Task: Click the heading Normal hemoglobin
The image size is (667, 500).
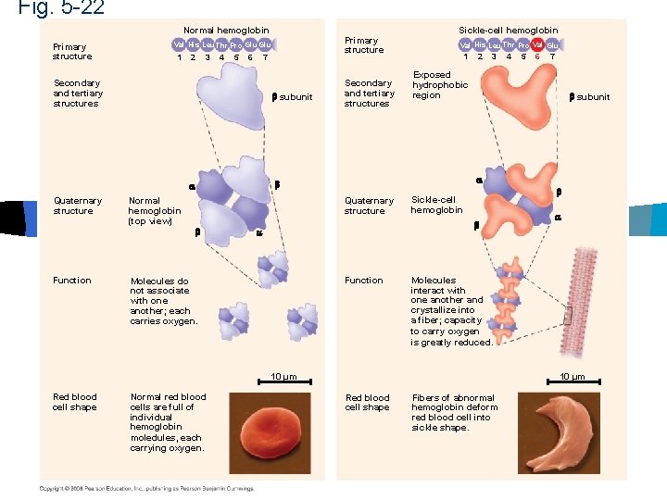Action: (226, 31)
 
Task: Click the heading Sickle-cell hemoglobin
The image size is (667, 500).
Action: (509, 31)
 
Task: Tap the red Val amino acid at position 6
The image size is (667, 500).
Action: (537, 44)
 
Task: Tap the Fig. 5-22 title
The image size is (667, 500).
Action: (61, 8)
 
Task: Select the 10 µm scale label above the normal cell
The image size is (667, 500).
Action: (283, 376)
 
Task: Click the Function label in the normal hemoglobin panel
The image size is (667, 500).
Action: (72, 281)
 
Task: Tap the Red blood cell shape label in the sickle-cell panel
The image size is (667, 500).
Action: (367, 402)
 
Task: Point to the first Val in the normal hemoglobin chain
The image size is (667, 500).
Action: (179, 44)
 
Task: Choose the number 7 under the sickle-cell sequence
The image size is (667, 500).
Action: (553, 57)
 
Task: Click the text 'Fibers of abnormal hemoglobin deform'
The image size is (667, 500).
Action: (454, 402)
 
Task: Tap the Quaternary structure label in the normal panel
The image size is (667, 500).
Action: (73, 206)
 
